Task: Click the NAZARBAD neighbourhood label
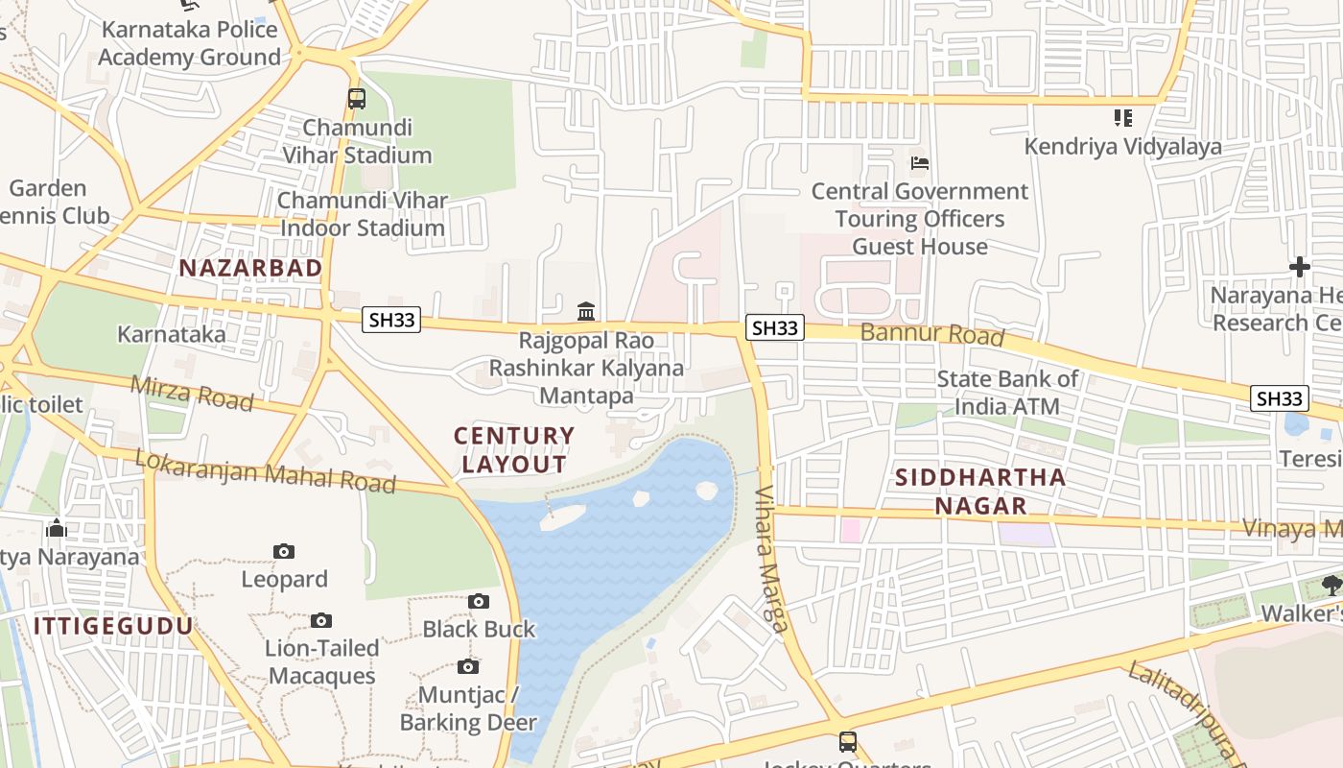tap(250, 268)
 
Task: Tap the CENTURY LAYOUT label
tap(514, 449)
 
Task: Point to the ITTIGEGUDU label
tap(113, 627)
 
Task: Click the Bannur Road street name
tap(932, 334)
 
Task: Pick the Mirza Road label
tap(192, 393)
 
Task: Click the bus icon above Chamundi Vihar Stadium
tap(357, 98)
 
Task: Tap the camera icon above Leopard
tap(284, 551)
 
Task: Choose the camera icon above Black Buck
tap(479, 602)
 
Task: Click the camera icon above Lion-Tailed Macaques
tap(321, 620)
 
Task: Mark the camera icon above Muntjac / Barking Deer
tap(468, 666)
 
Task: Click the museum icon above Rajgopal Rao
tap(586, 311)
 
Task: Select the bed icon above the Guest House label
tap(920, 163)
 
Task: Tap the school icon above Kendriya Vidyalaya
tap(1123, 118)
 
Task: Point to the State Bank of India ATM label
tap(1007, 392)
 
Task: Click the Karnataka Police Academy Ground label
tap(189, 43)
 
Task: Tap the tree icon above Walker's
tap(1331, 585)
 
